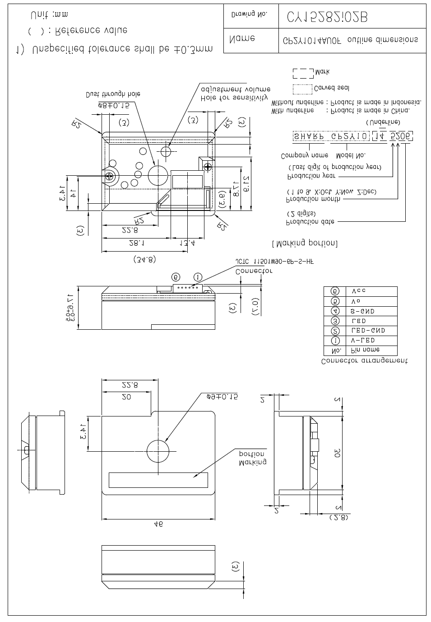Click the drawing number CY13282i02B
[327, 17]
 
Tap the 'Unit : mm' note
[49, 15]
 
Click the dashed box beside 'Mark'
[303, 73]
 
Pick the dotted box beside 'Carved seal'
[302, 88]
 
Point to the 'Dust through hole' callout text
[113, 94]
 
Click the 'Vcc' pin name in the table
[358, 291]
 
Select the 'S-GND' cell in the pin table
[362, 311]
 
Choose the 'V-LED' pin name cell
[363, 340]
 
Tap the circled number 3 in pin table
[335, 321]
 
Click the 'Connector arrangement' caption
[364, 361]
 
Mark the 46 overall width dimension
[158, 524]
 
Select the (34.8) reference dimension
[144, 259]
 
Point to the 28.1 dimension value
[136, 243]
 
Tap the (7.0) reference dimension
[255, 307]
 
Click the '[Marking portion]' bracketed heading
[305, 243]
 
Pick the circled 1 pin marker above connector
[197, 277]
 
